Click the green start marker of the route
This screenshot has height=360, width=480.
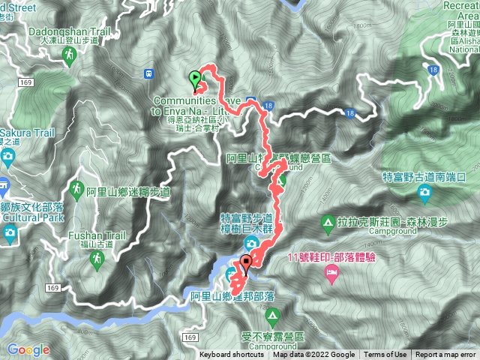coord(196,77)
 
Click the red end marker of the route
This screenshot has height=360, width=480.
coord(245,263)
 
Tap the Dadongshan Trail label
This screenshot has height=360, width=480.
coord(68,33)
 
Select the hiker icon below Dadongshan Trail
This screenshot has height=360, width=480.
coord(69,55)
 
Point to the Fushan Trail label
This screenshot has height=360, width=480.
coord(90,235)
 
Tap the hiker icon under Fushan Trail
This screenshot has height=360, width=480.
coord(96,259)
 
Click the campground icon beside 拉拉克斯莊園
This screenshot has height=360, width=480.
coord(328,223)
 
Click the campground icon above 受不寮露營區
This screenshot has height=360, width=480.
coord(271,315)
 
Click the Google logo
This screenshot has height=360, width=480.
coord(28,349)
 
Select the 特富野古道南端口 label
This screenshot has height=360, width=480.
coord(424,177)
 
